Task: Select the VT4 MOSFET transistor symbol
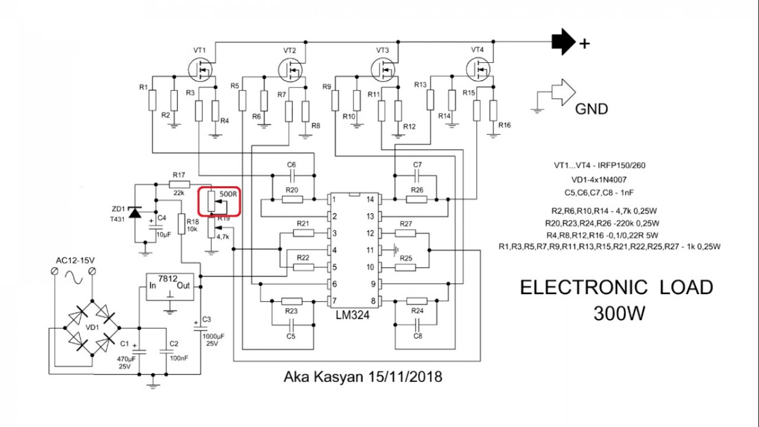click(x=479, y=69)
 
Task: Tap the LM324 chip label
click(x=352, y=316)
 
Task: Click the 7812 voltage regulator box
click(x=171, y=286)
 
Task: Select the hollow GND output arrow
click(x=562, y=93)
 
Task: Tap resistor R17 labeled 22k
click(x=179, y=184)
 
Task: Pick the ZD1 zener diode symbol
click(x=135, y=212)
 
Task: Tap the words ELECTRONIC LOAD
click(x=616, y=288)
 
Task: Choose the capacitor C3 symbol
click(x=196, y=324)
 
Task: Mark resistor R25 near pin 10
click(x=406, y=267)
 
